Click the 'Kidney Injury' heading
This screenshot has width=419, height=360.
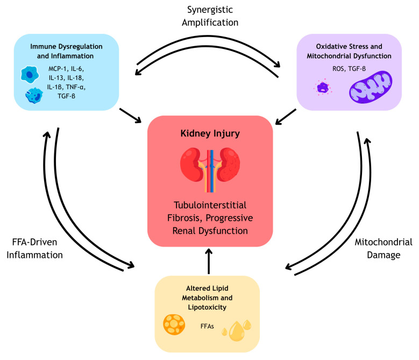(x=210, y=133)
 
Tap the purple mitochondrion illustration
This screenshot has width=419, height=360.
(x=371, y=87)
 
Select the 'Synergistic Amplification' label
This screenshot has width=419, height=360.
(x=210, y=16)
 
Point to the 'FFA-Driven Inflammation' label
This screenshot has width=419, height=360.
(x=35, y=248)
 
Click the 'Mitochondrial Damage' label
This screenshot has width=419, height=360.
(x=384, y=248)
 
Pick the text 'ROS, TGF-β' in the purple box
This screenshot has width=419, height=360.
(x=349, y=69)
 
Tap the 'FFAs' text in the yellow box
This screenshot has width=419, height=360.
(x=207, y=326)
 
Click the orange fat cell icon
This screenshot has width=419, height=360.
(x=174, y=325)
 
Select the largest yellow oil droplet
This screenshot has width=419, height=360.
(x=237, y=331)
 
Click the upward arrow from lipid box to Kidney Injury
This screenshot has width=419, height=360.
(x=209, y=261)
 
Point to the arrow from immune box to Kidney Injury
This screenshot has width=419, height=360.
(x=130, y=116)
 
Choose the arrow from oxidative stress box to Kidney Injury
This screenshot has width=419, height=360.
(x=286, y=117)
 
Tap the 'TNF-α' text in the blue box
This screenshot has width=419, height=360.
(x=76, y=87)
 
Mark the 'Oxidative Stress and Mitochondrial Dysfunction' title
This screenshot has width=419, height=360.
(x=349, y=51)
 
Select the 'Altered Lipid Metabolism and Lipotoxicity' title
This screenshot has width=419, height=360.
(x=207, y=298)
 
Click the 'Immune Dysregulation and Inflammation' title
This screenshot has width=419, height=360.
(x=66, y=51)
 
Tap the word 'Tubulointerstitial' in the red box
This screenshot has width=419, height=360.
(x=210, y=205)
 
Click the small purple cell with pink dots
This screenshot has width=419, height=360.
(x=323, y=87)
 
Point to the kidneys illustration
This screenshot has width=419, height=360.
(x=210, y=170)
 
